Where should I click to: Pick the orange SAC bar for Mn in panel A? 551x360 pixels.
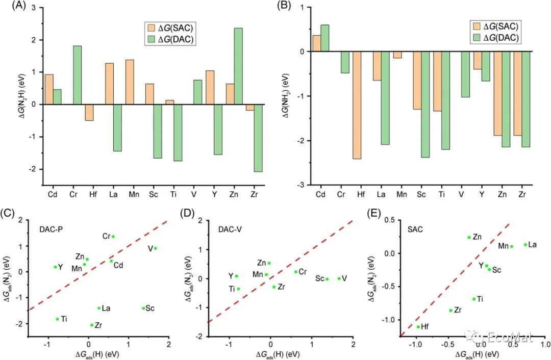130,82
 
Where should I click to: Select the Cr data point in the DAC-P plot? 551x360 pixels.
113,237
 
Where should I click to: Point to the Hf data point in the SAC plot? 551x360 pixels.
418,327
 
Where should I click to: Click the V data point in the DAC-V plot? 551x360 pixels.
339,278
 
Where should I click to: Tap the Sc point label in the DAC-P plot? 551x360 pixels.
150,308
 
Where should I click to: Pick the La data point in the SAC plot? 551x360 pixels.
525,245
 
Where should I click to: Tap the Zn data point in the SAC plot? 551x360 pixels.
469,237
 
